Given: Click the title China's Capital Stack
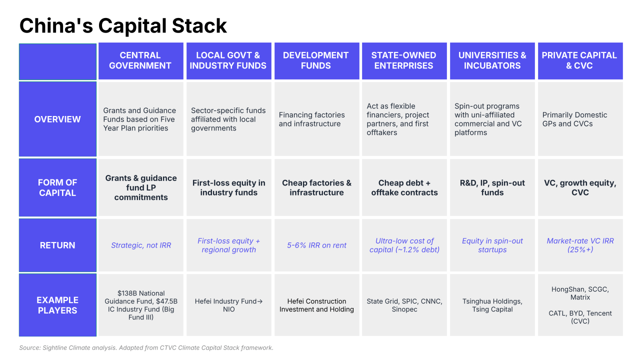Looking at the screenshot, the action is coord(123,25).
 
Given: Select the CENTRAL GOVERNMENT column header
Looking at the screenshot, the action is coord(141,61).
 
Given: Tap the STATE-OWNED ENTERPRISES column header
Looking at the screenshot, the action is coord(404,61).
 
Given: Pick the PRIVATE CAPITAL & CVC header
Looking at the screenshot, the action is coord(580,61).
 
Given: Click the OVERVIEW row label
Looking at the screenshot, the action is coord(57,119).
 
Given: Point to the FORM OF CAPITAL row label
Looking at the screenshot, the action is coord(57,187).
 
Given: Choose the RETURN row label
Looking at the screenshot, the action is coord(57,245).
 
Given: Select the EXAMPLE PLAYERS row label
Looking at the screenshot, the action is coord(57,305).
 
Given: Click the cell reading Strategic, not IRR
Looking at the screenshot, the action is coord(141,245).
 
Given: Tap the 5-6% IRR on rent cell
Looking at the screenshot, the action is coord(317,245).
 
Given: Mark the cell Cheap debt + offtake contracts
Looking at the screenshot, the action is coord(404,187).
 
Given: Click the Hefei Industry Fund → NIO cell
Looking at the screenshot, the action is coord(229,305).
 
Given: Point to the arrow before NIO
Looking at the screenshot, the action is coord(259,301).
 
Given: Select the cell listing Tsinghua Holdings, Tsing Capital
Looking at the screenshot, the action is coord(492,305).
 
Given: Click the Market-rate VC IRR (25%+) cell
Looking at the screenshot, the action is coord(580,245).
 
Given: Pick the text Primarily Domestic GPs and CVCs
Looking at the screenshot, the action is coord(574,119).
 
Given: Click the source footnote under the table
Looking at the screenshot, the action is coord(146,347).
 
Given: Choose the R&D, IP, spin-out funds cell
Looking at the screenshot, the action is coord(492,187).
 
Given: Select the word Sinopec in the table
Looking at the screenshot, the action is coord(404,309).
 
